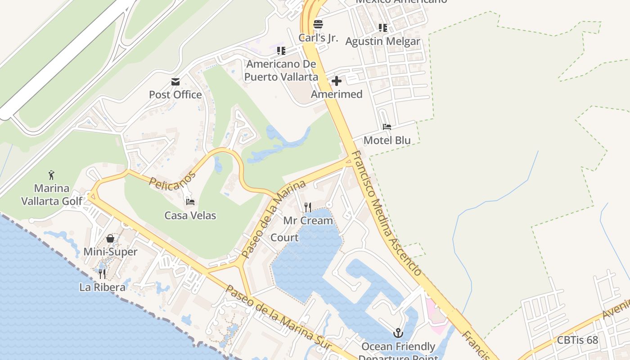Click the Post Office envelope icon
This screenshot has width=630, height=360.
[x=175, y=82]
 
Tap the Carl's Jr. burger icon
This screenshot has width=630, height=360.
[x=318, y=24]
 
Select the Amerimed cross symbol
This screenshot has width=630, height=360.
[x=337, y=81]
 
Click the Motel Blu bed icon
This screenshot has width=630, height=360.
[x=387, y=127]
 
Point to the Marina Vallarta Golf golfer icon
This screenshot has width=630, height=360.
[x=51, y=175]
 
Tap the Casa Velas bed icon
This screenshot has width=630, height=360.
[x=190, y=202]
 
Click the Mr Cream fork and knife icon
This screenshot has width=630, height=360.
[x=308, y=207]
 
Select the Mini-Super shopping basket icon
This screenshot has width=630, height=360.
[x=110, y=238]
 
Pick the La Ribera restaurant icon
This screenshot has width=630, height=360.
[x=103, y=274]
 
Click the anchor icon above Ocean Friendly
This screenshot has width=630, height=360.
[x=398, y=333]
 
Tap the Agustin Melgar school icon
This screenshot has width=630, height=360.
[x=383, y=28]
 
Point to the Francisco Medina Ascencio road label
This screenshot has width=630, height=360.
[x=386, y=213]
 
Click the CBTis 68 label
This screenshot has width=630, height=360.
[x=578, y=340]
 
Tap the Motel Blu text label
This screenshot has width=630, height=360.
[x=387, y=140]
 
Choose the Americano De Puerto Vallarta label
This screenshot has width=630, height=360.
[x=281, y=71]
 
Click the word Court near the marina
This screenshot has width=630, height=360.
[x=284, y=238]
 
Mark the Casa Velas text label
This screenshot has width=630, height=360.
[x=190, y=216]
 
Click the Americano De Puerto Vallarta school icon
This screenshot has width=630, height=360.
[x=281, y=50]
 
